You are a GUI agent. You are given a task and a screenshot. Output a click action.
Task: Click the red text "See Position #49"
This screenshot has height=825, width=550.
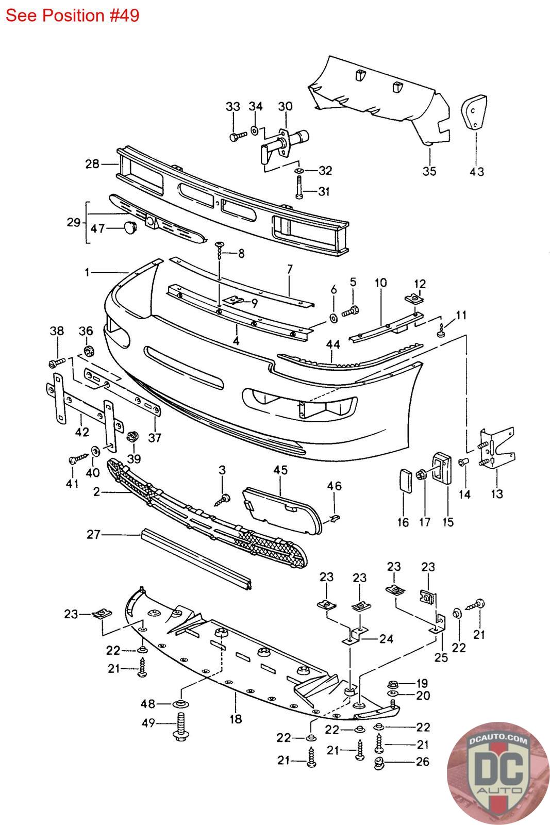click(x=73, y=15)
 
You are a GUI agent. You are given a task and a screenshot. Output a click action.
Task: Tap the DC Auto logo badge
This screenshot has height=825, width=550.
click(x=497, y=773)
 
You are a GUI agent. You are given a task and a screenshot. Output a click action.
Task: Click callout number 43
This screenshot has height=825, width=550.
click(x=477, y=171)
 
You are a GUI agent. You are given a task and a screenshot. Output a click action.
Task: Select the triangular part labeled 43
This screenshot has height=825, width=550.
click(x=474, y=112)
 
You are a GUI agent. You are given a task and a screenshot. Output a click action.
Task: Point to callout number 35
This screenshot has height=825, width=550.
click(x=429, y=171)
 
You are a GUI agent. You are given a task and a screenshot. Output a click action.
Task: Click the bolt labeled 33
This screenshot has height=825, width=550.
click(x=238, y=136)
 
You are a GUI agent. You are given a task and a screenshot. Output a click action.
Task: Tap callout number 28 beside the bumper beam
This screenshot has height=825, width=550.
click(x=92, y=164)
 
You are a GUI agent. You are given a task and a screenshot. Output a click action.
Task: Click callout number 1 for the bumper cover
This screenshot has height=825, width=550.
click(x=87, y=273)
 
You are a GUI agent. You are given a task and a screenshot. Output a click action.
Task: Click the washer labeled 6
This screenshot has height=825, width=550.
click(x=333, y=318)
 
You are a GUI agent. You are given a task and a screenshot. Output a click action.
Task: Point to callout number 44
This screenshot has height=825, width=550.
click(x=333, y=344)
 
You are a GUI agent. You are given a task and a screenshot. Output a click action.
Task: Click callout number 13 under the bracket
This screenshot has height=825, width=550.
click(x=497, y=493)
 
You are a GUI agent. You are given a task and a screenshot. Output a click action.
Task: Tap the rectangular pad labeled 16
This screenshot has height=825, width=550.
click(x=406, y=480)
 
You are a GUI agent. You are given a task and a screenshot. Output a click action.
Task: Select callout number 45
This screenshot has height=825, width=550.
click(x=280, y=470)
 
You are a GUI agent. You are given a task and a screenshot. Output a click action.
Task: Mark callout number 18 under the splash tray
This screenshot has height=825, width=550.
click(x=236, y=719)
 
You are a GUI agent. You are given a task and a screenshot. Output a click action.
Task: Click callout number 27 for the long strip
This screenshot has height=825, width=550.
click(x=93, y=534)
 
